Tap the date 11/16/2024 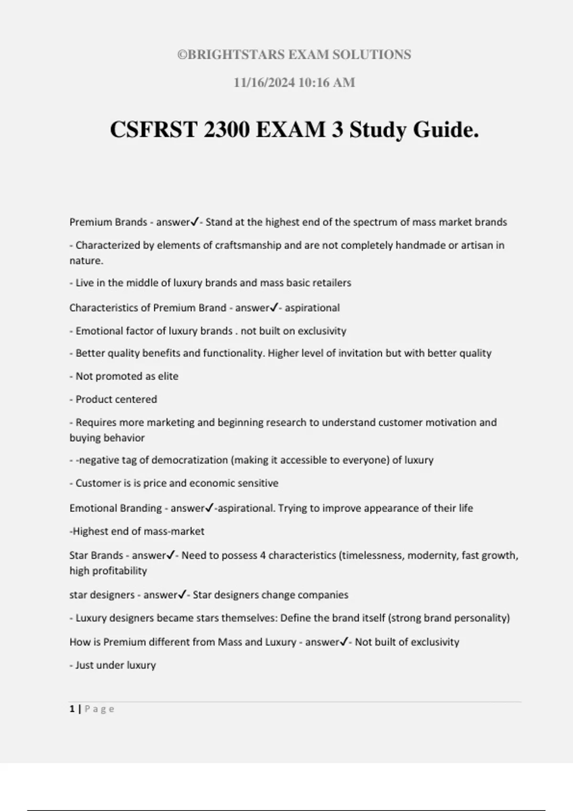(264, 83)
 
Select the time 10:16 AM (327, 83)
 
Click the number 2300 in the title (226, 130)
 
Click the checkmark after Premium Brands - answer (194, 222)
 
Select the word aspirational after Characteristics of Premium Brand (312, 308)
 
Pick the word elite (168, 376)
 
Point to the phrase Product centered (116, 399)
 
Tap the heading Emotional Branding (116, 509)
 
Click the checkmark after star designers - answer (182, 595)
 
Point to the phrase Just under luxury (116, 665)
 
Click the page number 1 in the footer (72, 709)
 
